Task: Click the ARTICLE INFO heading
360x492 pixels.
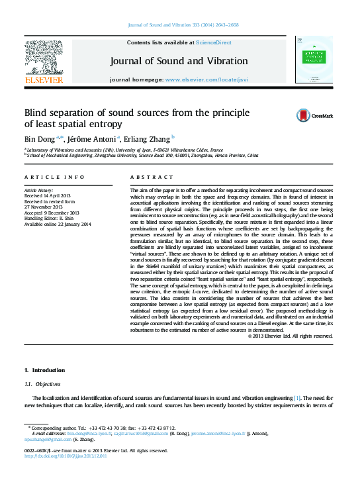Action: point(54,177)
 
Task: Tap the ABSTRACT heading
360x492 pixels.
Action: point(146,177)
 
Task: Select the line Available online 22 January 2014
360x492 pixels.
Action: point(58,224)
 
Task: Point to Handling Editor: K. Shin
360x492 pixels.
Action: point(52,219)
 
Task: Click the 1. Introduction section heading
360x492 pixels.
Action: point(44,370)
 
